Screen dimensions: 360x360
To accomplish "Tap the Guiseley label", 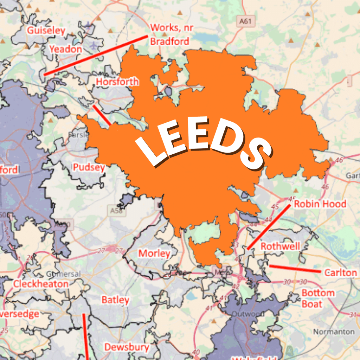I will point(46,31).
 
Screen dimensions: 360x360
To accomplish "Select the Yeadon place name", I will point(65,49).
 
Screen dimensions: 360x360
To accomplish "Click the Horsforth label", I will point(117,82).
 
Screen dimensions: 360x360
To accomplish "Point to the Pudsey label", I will point(89,167).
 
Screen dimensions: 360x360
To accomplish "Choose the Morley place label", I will point(154,253).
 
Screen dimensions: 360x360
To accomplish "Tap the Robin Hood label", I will point(320,204).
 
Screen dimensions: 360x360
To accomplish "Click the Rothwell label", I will point(280,246).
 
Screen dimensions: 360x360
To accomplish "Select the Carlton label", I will point(340,273).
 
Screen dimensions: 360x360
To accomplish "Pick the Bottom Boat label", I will point(318,298).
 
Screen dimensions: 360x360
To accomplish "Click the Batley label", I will point(115,300).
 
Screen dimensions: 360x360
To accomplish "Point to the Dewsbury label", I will point(127,347).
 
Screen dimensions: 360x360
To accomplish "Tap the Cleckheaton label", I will point(41,284).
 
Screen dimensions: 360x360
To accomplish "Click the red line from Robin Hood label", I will point(269,227).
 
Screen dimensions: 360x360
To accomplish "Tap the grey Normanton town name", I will point(334,332).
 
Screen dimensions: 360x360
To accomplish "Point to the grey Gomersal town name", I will point(63,274).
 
